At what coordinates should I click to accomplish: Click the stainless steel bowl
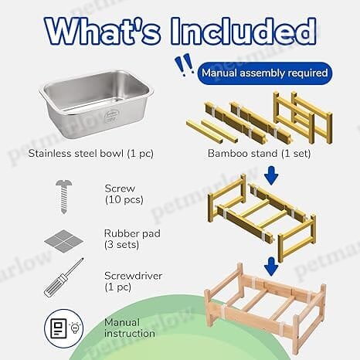pos(97,104)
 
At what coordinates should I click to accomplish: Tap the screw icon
pos(64,197)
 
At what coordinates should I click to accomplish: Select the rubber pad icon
pos(63,241)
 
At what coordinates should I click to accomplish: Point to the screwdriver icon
pos(63,277)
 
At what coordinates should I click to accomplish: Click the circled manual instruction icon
pos(64,328)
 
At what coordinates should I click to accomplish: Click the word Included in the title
pos(244,32)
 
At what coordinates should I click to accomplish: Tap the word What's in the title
pos(103,32)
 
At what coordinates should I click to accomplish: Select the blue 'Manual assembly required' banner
pos(265,73)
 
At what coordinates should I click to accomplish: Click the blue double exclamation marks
pos(184,65)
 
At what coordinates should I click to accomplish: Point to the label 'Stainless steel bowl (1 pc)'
pos(91,154)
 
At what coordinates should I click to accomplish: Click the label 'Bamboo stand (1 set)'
pos(259,154)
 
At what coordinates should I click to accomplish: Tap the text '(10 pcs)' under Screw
pos(124,200)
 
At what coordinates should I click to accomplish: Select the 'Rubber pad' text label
pos(132,233)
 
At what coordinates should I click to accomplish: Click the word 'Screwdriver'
pos(133,276)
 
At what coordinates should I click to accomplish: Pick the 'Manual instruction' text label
pos(130,328)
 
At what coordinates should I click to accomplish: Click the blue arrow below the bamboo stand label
pos(271,175)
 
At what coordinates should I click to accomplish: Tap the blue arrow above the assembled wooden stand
pos(271,267)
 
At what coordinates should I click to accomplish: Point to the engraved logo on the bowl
pos(109,117)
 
